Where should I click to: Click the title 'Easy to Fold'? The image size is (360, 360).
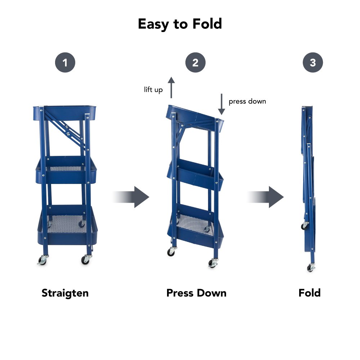coord(180,24)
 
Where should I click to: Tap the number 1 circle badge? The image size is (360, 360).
coord(65,62)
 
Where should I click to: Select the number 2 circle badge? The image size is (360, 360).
coord(195,62)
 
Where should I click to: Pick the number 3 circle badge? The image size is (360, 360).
coord(313,62)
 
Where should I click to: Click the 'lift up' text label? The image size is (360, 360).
coord(153,90)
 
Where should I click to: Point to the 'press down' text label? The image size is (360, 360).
coord(247,101)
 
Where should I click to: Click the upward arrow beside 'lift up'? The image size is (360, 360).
coord(171,87)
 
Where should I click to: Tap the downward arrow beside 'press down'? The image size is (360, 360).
coord(221,104)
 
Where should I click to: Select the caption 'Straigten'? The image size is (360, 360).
coord(65,293)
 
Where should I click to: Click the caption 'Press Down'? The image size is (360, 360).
coord(196,293)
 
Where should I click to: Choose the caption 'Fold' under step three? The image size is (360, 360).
coord(310,293)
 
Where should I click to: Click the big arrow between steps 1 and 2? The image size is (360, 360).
coord(131,197)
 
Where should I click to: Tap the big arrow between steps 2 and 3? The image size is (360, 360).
coord(266,197)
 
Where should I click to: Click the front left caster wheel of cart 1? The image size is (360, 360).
coord(42,260)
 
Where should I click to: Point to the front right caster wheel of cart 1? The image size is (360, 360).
coord(86,260)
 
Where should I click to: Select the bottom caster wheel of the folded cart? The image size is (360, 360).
coord(311,267)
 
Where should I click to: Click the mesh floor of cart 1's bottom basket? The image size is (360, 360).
coord(67,224)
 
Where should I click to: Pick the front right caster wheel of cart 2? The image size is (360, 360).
coord(213,263)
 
